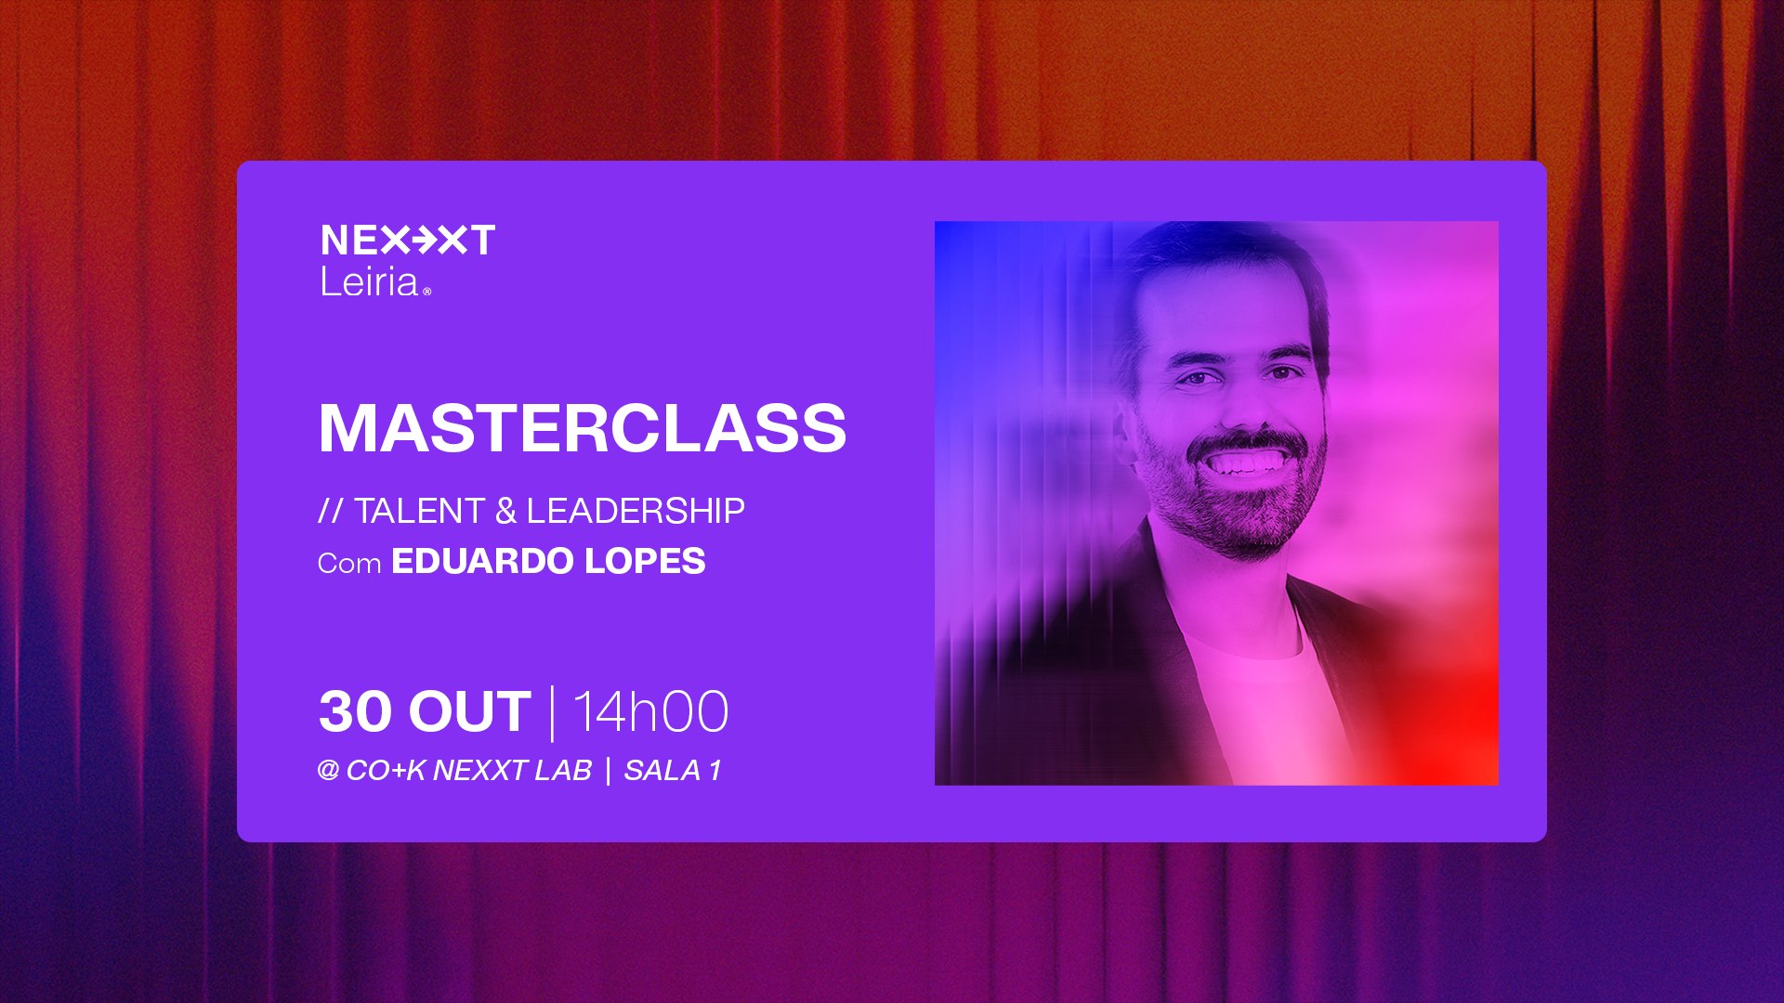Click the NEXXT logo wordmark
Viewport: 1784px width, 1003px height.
click(408, 240)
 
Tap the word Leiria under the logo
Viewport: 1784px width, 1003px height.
click(369, 281)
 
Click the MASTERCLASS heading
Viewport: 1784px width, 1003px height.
click(583, 428)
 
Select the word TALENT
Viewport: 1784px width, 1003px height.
click(420, 511)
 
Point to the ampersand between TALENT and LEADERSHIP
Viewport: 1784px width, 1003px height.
click(505, 511)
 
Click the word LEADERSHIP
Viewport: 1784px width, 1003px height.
click(636, 511)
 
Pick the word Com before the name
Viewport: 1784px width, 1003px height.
click(349, 564)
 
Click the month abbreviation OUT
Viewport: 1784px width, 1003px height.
click(470, 711)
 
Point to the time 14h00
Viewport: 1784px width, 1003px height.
click(650, 712)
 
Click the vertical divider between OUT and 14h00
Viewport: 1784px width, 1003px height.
click(553, 713)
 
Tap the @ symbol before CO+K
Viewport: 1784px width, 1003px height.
click(328, 770)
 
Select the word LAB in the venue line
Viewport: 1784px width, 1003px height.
click(563, 771)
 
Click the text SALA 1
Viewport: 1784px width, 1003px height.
click(673, 771)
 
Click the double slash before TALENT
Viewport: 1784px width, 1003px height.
click(331, 511)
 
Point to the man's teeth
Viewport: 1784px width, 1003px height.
click(1247, 462)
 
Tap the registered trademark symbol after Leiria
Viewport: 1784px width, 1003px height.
click(427, 292)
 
